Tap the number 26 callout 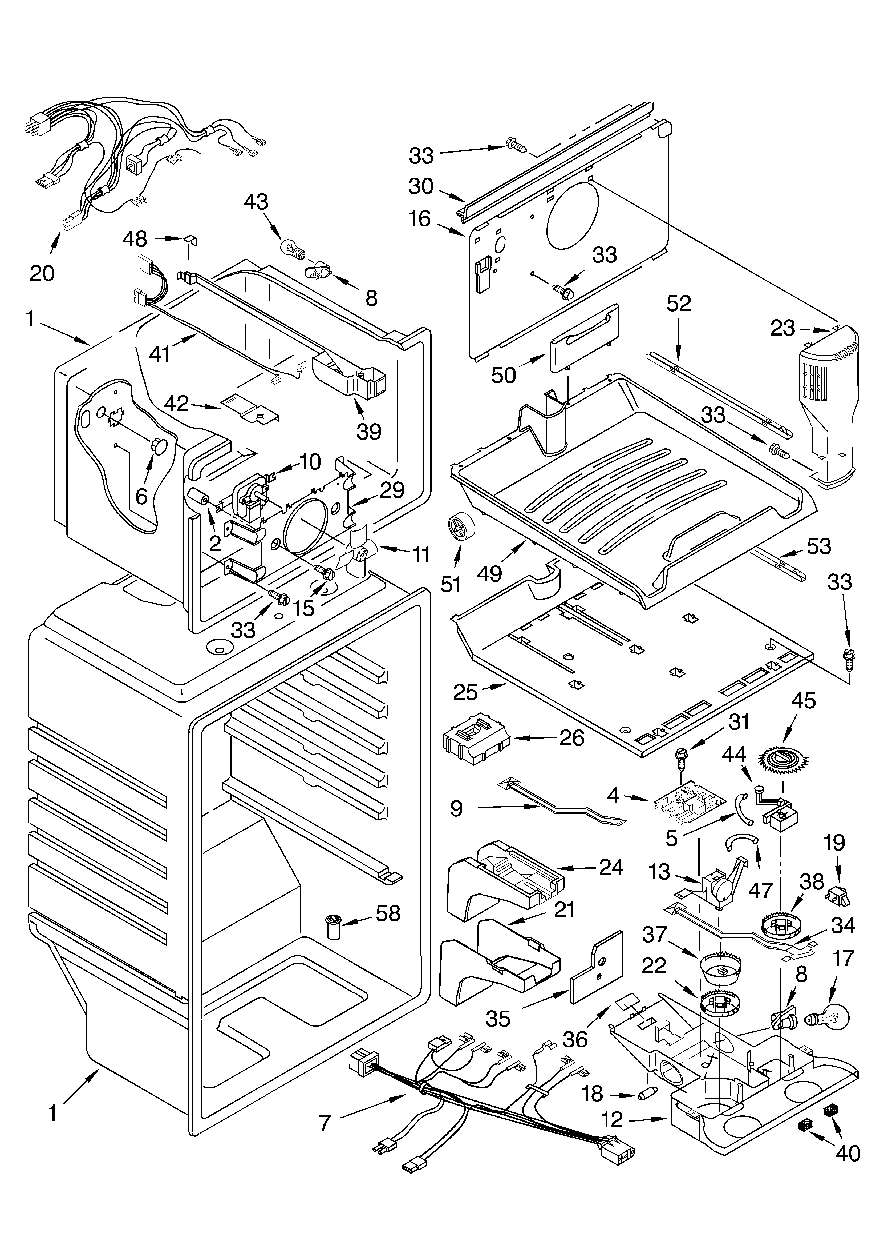pyautogui.click(x=571, y=738)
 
